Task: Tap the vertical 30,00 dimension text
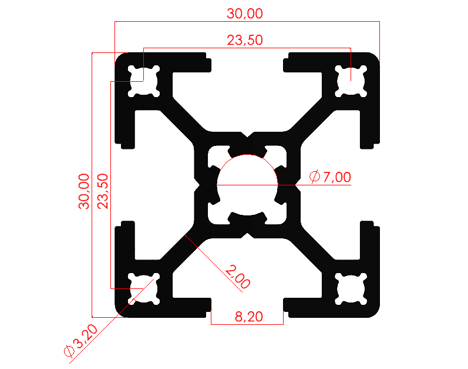[x=85, y=191]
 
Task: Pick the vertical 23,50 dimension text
[x=103, y=191]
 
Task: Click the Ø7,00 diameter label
[x=330, y=176]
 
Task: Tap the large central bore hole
[x=247, y=184]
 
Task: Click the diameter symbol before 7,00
[x=314, y=176]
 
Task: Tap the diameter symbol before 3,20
[x=69, y=351]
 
